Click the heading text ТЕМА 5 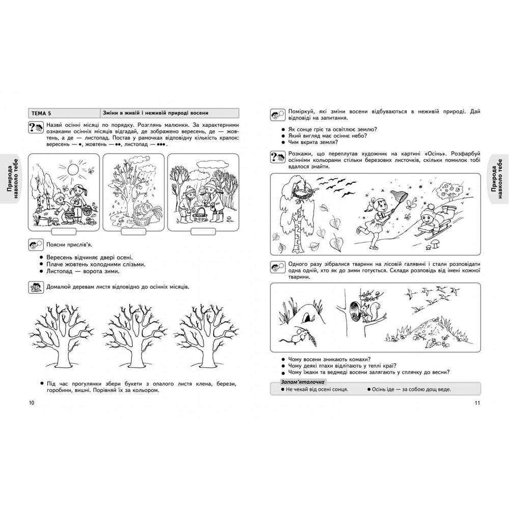(x=41, y=113)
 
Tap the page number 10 (x=31, y=403)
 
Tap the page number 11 (x=477, y=403)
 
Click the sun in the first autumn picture (x=72, y=169)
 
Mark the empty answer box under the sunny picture (x=64, y=232)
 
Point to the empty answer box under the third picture (x=203, y=232)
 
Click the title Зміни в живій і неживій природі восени (x=156, y=113)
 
